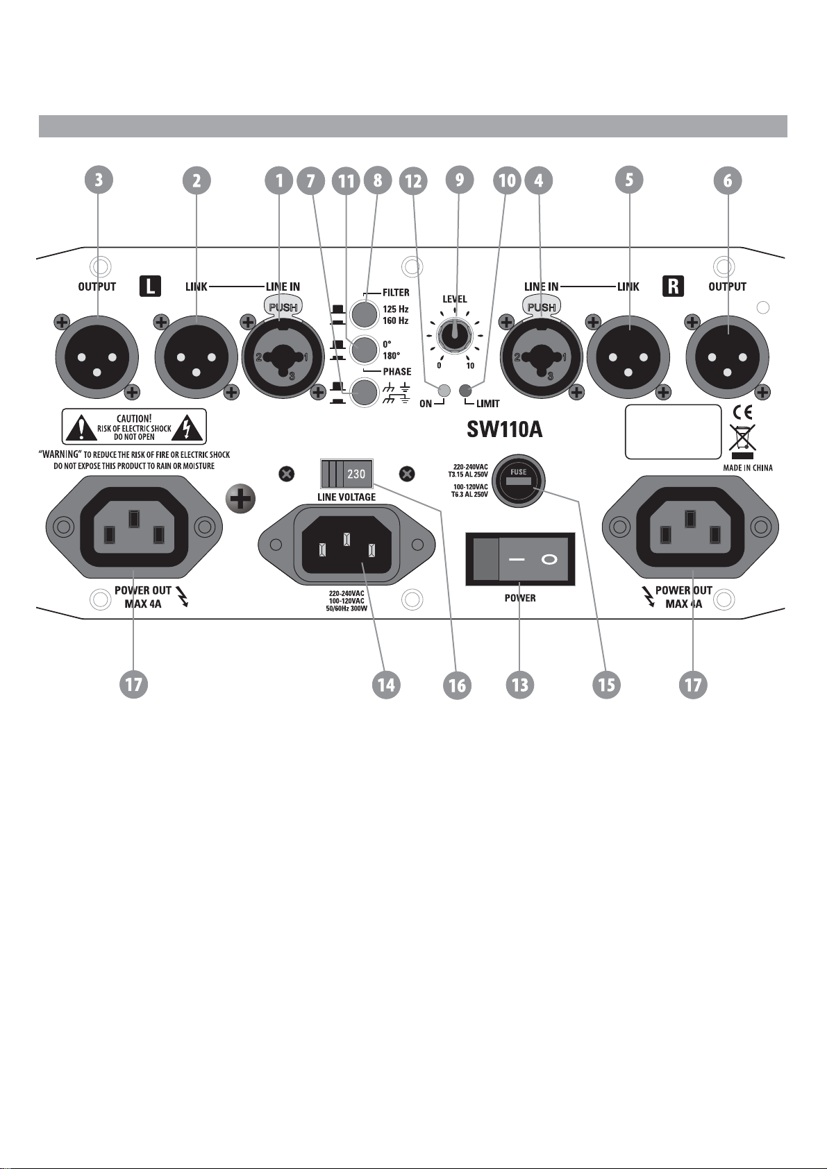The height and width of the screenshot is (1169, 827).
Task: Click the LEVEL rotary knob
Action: click(454, 334)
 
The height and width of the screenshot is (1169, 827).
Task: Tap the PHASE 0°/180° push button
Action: click(364, 350)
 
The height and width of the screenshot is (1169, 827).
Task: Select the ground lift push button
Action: click(364, 393)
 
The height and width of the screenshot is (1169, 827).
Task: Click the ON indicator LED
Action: click(444, 390)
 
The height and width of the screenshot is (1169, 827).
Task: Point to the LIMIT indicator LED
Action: click(465, 390)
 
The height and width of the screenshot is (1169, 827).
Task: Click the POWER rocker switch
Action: click(520, 559)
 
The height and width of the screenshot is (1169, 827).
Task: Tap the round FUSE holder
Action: click(519, 479)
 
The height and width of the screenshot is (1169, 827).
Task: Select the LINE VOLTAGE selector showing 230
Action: click(347, 473)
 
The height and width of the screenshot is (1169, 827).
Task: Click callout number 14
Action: click(386, 685)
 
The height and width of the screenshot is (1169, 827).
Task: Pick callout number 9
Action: click(459, 180)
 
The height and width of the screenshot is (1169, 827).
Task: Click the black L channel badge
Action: click(151, 287)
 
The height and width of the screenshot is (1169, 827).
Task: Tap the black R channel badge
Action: click(674, 287)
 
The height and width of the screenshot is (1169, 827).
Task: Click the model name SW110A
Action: click(505, 430)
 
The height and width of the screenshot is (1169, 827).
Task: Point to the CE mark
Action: click(742, 413)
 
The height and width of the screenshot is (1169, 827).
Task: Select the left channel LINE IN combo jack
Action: click(284, 357)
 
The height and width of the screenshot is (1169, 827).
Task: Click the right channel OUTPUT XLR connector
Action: click(728, 357)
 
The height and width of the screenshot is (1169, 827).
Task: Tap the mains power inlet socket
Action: click(347, 545)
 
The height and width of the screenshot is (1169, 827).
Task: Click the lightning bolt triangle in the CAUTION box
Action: click(187, 427)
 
